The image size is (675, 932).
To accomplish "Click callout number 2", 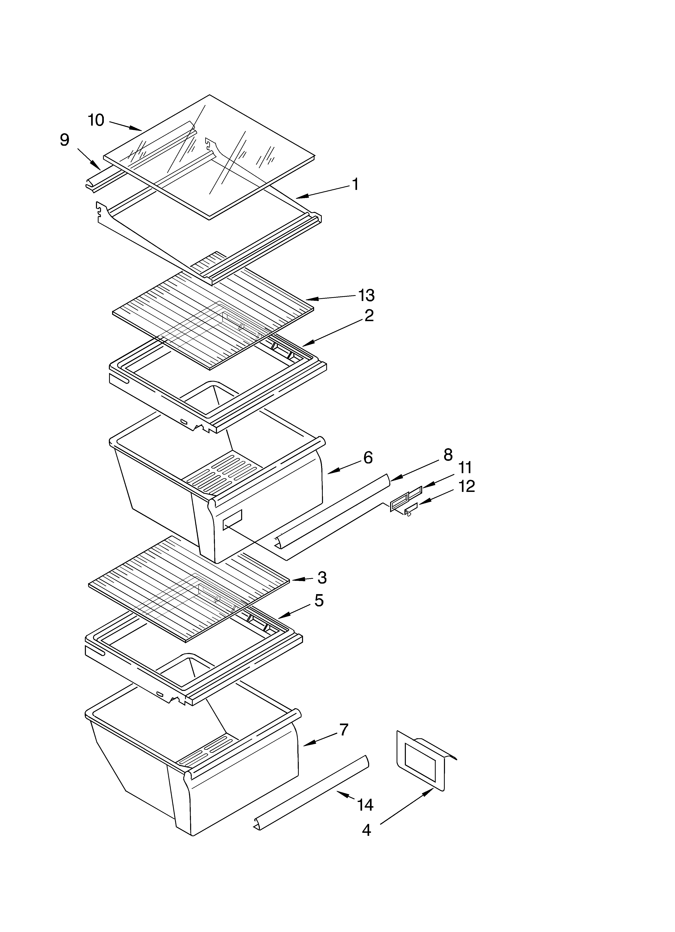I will point(369,316).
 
